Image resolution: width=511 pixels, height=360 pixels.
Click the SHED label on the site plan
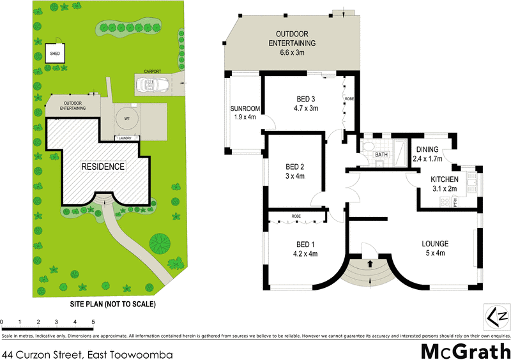coord(55,54)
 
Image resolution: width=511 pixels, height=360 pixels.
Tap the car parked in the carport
coord(153,84)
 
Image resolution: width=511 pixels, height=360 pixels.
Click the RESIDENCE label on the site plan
coord(102,167)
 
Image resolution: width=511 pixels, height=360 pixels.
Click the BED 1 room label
coord(305,244)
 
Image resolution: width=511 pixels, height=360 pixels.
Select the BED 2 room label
coord(294,167)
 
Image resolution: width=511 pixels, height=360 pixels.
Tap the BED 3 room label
coord(306,99)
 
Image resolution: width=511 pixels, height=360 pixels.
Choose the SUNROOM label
coord(243,109)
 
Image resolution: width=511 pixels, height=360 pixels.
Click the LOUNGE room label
coord(435,244)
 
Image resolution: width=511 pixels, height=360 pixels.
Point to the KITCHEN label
coord(444,180)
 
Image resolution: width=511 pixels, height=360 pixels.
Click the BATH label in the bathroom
coord(381,154)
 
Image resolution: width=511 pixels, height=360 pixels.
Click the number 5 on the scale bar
coord(93,322)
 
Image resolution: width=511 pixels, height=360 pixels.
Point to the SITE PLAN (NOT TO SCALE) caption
coord(112,304)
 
